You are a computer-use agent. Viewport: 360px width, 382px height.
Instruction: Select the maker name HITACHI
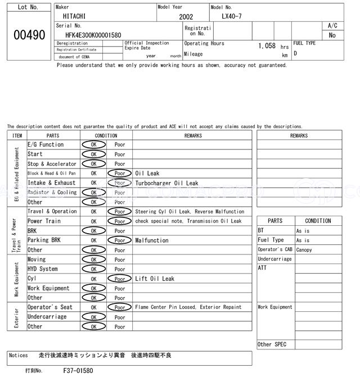point(75,17)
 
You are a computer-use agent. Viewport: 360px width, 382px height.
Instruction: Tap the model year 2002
point(186,17)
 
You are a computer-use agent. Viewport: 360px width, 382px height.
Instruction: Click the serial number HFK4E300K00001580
point(93,35)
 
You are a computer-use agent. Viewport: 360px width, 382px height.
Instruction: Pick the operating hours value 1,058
point(267,46)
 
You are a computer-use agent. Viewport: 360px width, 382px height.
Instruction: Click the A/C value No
point(332,35)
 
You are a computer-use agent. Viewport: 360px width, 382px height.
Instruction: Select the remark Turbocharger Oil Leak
point(166,183)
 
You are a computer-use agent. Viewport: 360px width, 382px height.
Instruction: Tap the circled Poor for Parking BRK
point(119,240)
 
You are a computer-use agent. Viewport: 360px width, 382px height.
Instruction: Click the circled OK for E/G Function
point(93,145)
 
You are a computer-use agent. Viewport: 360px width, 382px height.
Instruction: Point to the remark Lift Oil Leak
point(155,279)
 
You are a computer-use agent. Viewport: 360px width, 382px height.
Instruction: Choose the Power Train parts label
point(44,221)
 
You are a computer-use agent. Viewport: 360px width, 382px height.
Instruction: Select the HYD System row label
point(43,269)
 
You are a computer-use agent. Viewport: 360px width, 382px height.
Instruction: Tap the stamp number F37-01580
point(78,371)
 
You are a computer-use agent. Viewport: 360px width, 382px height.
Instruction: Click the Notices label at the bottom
point(19,356)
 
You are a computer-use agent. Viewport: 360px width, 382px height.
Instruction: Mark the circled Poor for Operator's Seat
point(119,307)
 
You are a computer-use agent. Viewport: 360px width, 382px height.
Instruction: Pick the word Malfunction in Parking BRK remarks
point(152,240)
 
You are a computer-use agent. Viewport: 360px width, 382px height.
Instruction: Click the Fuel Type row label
point(271,240)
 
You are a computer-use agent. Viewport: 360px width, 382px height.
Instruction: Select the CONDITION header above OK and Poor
point(106,135)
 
